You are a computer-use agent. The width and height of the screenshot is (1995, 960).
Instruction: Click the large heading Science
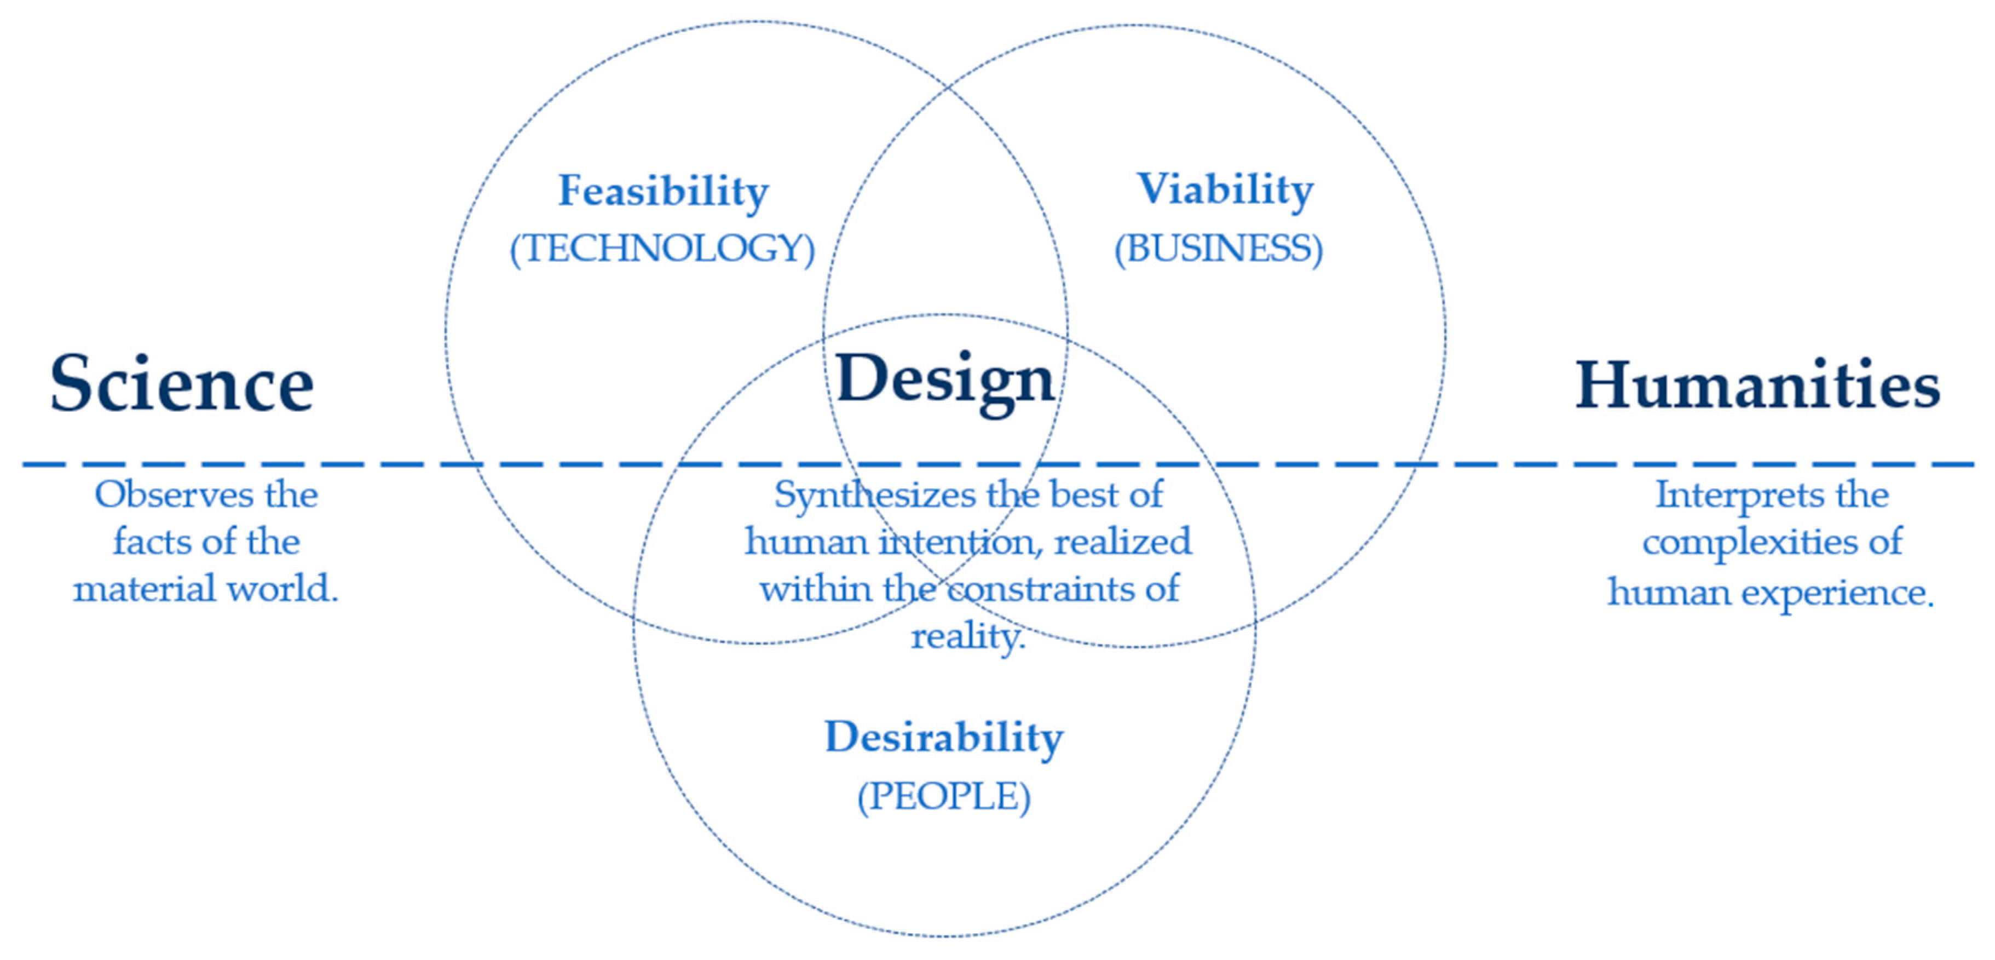[182, 383]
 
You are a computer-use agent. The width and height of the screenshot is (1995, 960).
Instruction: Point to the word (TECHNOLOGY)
[662, 249]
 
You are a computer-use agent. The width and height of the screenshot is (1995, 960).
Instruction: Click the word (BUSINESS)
[1218, 249]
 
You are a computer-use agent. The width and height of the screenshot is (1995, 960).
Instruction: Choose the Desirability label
[944, 738]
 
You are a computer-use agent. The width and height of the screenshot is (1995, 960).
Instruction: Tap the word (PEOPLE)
[944, 796]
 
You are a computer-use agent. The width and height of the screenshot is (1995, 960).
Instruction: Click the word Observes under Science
[174, 495]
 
